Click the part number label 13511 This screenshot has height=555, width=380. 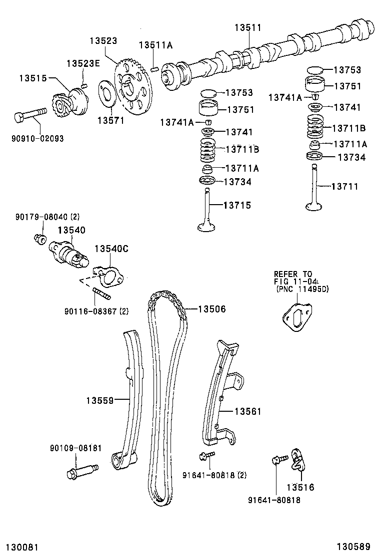[248, 28]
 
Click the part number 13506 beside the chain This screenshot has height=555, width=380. [212, 309]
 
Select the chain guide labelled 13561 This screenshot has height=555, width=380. [218, 399]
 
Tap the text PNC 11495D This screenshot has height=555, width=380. [303, 289]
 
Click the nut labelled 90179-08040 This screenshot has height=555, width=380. [40, 238]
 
